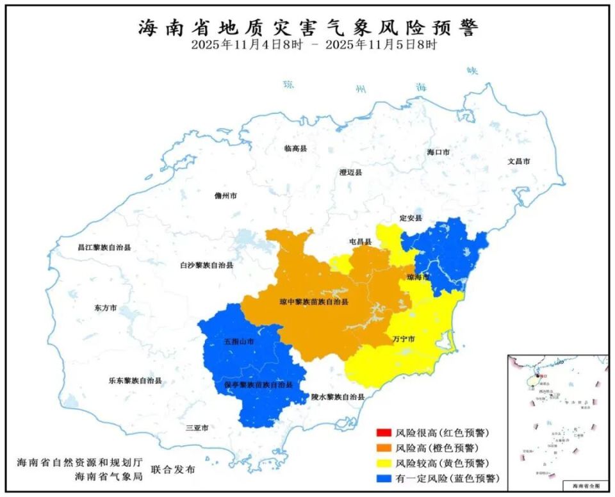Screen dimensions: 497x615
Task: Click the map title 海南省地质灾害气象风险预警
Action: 308,27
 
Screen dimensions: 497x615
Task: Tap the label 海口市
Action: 439,152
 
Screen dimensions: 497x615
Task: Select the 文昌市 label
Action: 518,161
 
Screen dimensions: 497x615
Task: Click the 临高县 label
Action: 296,148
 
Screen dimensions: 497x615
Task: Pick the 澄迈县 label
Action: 350,172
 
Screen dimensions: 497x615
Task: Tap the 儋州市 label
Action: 225,196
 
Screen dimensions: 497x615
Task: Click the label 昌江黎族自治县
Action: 104,247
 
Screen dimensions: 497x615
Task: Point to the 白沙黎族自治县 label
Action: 206,265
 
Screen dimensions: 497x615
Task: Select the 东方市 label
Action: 106,308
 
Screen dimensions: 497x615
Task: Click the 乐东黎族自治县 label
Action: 135,380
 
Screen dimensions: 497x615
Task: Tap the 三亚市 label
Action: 197,427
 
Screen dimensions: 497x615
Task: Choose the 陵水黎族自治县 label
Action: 338,397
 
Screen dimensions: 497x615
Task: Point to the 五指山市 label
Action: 239,341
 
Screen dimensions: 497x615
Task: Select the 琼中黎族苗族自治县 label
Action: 314,301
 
